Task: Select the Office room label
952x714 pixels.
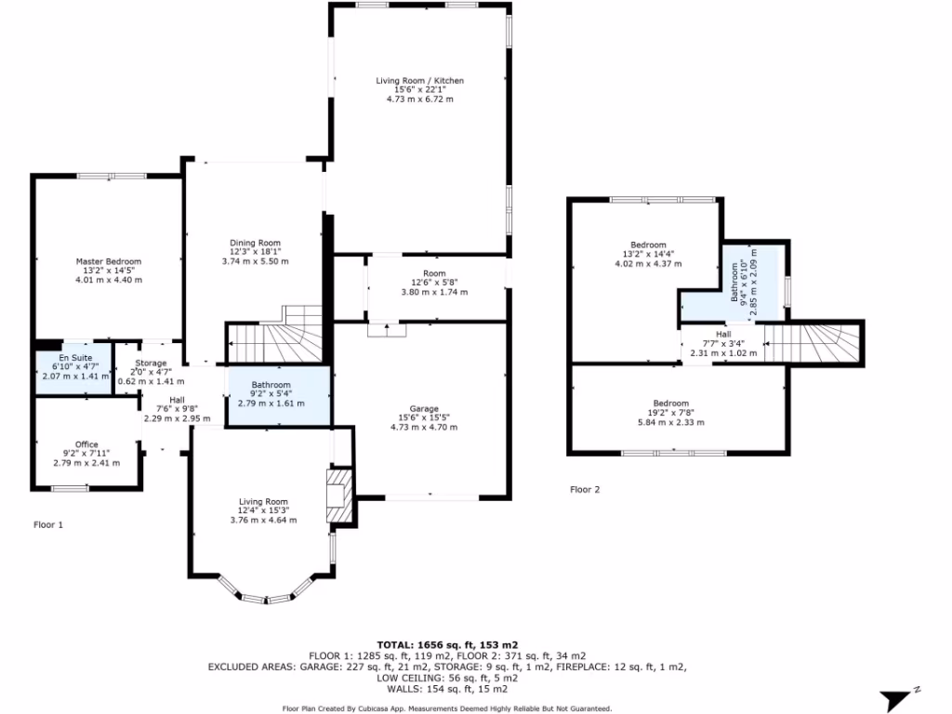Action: point(86,444)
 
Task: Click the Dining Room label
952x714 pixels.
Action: point(256,243)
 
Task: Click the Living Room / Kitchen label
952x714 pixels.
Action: point(419,81)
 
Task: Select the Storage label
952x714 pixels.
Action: point(151,363)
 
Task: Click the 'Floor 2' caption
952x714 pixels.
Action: point(585,489)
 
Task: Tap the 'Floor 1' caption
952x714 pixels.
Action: point(48,524)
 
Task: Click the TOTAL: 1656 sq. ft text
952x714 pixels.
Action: point(447,644)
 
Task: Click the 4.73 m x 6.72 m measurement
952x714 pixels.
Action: point(419,99)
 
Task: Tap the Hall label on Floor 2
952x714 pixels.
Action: point(723,334)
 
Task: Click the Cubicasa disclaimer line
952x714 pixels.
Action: point(447,707)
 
